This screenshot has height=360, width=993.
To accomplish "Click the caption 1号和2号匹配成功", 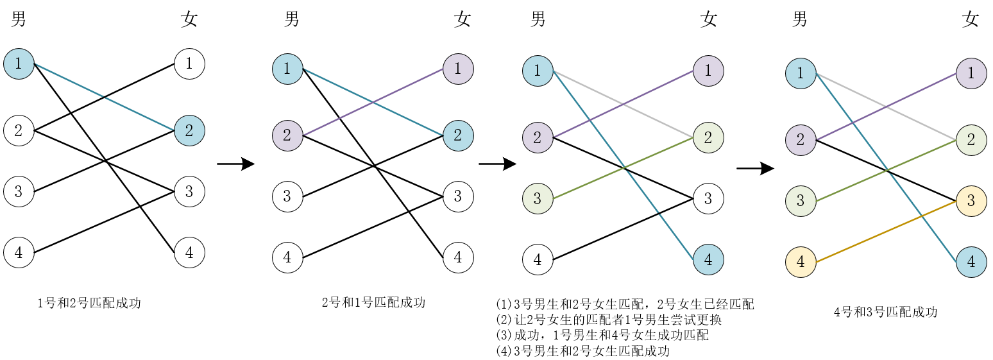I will point(89,304).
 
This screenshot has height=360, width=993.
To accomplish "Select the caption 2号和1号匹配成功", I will point(373,302).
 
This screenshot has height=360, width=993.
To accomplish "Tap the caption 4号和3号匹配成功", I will point(885,313).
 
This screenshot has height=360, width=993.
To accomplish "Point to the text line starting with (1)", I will point(625,304).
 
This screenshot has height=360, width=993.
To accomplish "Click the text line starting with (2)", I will point(609,320).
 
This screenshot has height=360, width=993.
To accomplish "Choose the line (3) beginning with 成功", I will point(602,335).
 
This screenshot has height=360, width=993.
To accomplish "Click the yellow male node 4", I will point(801,262).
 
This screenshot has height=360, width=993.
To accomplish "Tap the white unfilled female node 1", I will point(189,64).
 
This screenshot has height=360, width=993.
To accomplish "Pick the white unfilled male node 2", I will point(19,131).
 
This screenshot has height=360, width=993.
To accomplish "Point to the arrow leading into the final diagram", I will point(755,169).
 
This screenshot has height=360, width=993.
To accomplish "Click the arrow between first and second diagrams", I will point(235,164).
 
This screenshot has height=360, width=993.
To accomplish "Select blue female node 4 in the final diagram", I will point(971,262).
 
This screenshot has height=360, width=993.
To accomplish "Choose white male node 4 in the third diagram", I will point(538,260).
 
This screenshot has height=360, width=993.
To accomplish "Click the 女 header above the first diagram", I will point(189,20).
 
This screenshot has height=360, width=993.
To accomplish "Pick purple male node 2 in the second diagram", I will point(287,135).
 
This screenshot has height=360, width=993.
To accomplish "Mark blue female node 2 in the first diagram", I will point(189,131).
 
